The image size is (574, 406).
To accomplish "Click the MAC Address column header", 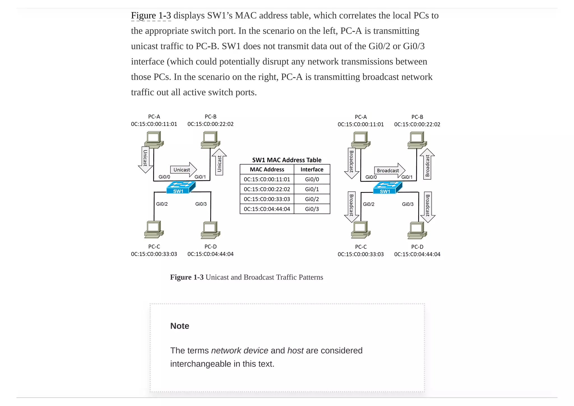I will point(267,169).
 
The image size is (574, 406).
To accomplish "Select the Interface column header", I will point(312,169).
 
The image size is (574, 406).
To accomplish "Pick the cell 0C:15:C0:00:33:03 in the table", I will point(267,199).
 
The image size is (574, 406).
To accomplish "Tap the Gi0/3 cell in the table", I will point(312,209).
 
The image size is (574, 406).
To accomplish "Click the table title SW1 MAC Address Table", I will point(286,160).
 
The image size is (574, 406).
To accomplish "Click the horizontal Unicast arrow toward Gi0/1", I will point(183,170).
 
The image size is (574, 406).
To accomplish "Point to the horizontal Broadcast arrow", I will point(389,170).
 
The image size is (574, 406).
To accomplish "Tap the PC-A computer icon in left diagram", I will point(154,140).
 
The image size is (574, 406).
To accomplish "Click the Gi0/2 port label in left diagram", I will point(162,204).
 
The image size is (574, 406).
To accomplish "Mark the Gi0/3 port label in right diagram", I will point(408,204).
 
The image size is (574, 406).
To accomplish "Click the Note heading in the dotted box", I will point(180,326).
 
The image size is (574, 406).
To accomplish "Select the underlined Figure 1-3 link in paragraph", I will point(151,15).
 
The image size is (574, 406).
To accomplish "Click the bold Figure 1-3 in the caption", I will point(187,277).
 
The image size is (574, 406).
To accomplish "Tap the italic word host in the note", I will point(295,350).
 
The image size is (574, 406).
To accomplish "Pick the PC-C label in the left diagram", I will point(154,246).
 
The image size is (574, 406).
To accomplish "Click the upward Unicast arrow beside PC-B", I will point(219,163).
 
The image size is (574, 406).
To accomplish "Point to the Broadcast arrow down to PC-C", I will point(351,207).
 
